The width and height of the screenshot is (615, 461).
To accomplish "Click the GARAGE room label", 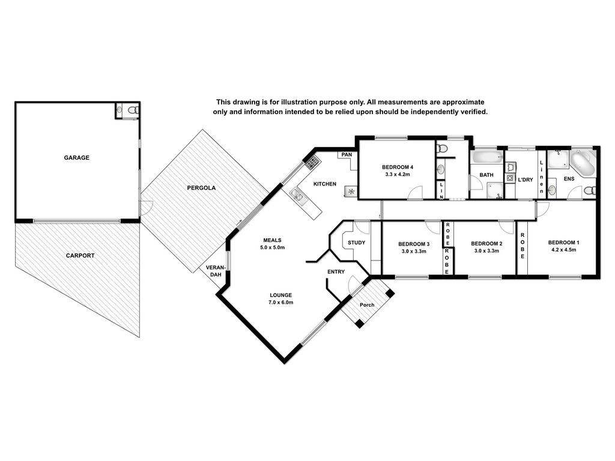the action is [x=76, y=158].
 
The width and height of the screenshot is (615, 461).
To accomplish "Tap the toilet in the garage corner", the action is [x=133, y=110].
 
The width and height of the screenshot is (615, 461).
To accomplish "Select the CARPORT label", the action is [x=80, y=256].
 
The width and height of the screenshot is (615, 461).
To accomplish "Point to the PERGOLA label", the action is [x=201, y=188].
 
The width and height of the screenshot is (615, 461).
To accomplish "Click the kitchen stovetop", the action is [x=312, y=162].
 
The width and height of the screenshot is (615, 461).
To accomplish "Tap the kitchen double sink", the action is [x=297, y=195].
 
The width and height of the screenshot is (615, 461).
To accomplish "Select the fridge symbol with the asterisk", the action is [x=351, y=191].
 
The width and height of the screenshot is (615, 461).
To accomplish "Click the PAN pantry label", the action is [x=347, y=154].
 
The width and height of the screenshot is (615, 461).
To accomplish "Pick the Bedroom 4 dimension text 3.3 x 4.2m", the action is [x=398, y=174].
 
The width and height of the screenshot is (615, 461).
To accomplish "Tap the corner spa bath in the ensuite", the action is [x=583, y=164].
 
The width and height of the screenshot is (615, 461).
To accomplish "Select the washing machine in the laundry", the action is [x=510, y=178].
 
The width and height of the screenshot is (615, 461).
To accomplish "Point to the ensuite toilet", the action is [x=590, y=190].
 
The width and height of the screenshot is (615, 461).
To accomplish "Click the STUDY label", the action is [x=357, y=243].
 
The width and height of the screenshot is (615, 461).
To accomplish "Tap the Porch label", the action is [x=367, y=304].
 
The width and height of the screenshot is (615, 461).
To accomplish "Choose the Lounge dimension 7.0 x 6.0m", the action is [x=281, y=303].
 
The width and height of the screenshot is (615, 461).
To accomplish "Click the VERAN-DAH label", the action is [x=216, y=271].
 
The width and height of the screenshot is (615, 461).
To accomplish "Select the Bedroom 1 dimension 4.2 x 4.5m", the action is [x=563, y=250].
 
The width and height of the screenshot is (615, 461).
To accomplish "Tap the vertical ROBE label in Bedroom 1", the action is [x=523, y=246].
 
